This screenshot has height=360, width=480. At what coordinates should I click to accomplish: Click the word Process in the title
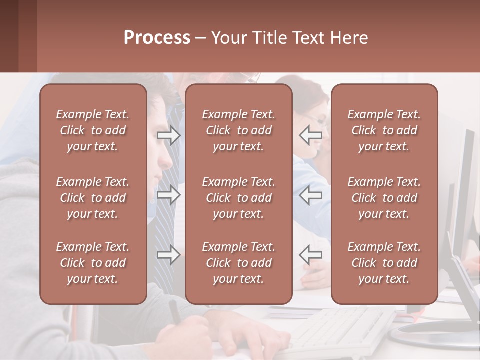157,38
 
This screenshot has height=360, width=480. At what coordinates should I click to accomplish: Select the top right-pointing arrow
169,135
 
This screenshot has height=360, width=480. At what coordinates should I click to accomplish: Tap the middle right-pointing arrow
169,195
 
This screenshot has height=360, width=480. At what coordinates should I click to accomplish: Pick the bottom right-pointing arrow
169,255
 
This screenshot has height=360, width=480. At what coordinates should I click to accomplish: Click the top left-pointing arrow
310,135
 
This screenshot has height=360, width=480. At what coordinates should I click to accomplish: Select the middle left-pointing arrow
310,195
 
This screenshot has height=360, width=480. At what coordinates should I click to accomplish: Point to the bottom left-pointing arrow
310,255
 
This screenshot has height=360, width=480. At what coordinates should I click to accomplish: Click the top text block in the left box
93,130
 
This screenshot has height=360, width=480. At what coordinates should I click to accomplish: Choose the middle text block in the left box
93,198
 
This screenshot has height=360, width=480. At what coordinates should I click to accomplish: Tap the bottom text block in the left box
93,263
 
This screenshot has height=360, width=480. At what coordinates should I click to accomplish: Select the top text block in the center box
239,130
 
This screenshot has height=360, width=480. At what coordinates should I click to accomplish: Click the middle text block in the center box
239,198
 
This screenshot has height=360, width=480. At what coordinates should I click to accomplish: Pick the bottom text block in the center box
239,263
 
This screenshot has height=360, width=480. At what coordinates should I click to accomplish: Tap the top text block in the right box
384,130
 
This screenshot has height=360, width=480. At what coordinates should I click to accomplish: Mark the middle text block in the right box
384,198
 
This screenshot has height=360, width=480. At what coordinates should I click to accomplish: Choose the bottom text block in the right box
384,263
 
